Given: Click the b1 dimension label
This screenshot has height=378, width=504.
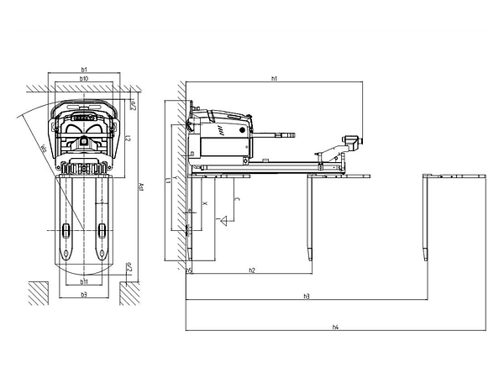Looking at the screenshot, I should [84, 70].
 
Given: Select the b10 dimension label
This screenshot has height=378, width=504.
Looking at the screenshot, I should [84, 78].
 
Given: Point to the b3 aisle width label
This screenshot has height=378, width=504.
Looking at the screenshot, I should [84, 296].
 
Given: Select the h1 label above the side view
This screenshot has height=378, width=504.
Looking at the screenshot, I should [275, 78].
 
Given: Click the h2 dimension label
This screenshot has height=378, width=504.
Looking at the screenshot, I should [252, 270].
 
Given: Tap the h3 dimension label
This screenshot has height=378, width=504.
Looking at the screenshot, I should [307, 296].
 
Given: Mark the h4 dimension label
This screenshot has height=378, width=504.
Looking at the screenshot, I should [336, 326].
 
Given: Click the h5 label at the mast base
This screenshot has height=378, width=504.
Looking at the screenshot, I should [190, 270].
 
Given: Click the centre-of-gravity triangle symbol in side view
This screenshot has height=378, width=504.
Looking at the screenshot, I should [225, 223].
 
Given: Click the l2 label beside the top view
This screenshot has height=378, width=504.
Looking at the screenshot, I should [126, 138].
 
